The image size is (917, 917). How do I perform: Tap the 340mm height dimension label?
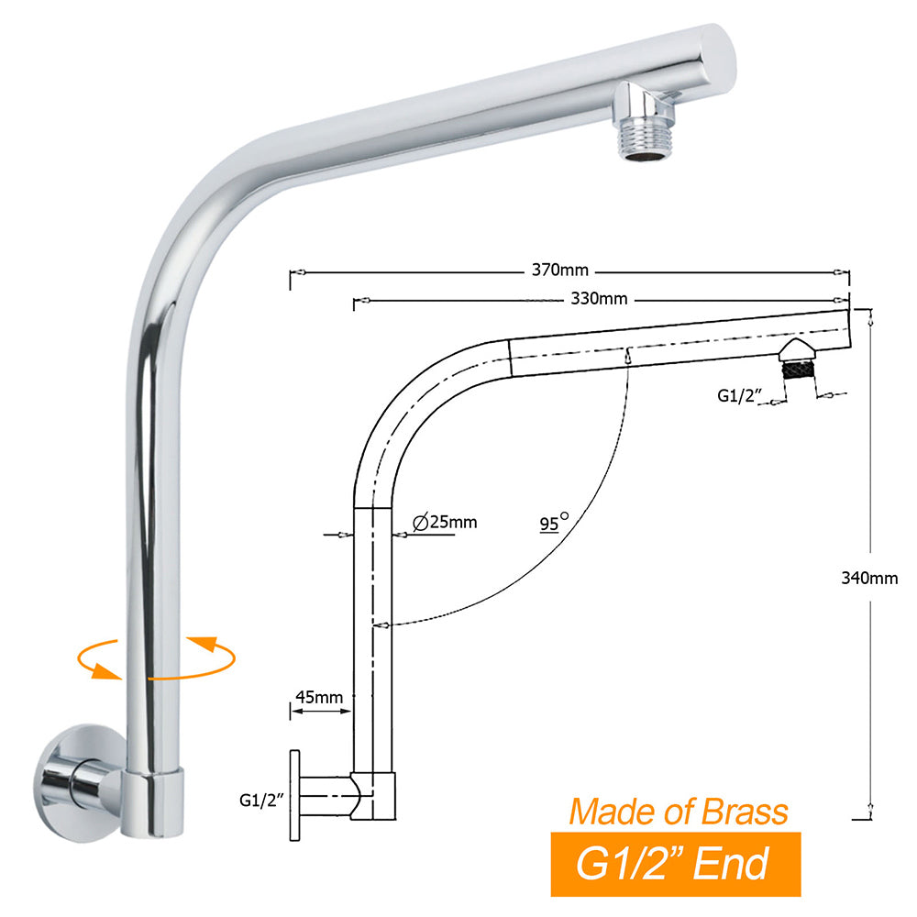coord(869,578)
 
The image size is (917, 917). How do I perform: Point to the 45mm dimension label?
coord(319,698)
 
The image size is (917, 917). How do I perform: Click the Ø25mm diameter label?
coord(445,523)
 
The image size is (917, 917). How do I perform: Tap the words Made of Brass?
coord(678,812)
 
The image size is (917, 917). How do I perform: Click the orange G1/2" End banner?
coord(675,864)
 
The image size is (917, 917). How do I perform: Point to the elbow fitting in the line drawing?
coord(374,795)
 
